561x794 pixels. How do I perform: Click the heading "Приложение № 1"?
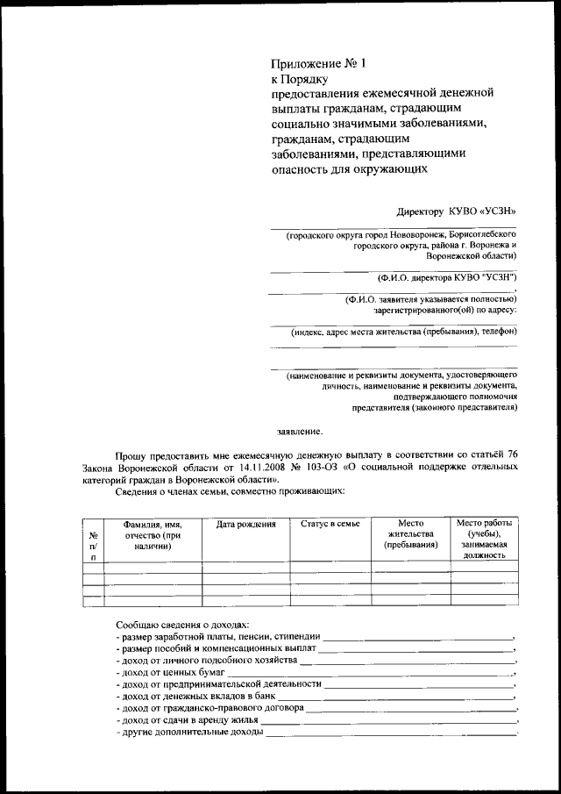(317, 63)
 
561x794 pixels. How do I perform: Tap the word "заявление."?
(300, 432)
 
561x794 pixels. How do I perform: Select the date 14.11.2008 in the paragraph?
(265, 469)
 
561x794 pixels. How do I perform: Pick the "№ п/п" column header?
(92, 546)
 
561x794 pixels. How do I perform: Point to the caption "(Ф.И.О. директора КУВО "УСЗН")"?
(446, 276)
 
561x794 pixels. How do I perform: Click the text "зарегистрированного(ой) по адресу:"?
(444, 310)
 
